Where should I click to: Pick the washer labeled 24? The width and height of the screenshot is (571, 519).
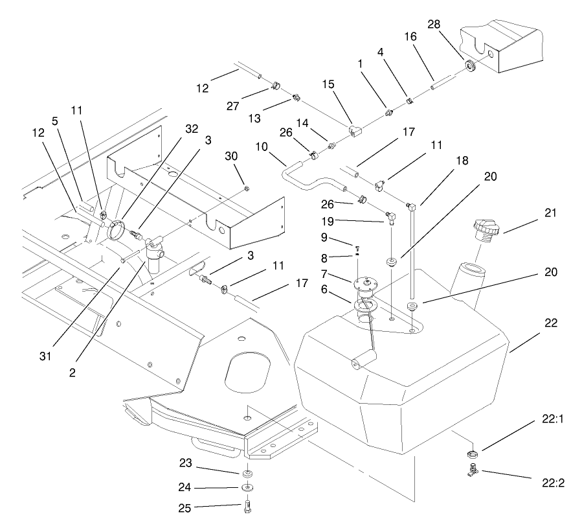coord(247,487)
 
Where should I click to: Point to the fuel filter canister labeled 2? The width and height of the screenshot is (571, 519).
coord(153,262)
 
